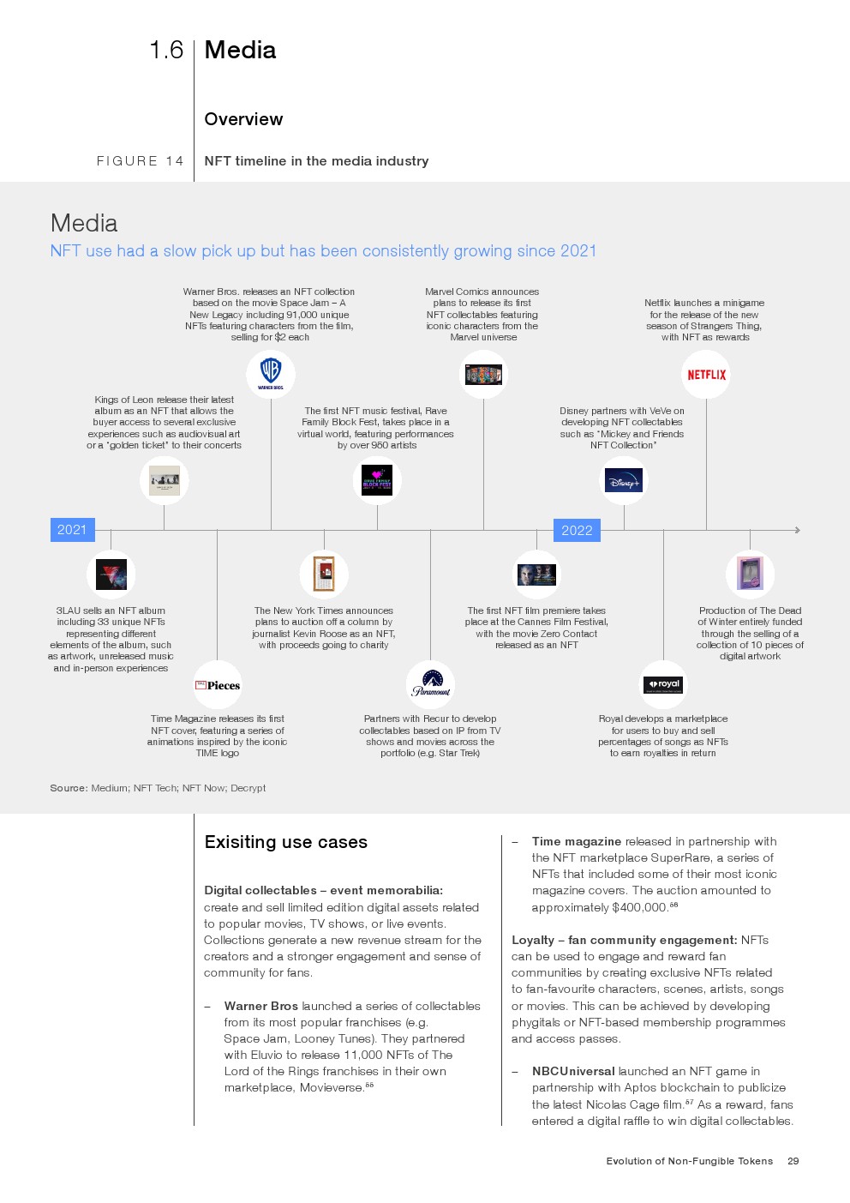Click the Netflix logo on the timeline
(x=706, y=375)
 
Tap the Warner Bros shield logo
(x=271, y=373)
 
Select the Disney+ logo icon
(x=623, y=480)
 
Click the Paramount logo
(x=430, y=683)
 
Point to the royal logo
(x=662, y=685)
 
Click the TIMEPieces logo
(x=218, y=685)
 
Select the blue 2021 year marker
(x=73, y=530)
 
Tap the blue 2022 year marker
(x=577, y=530)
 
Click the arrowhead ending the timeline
(x=798, y=530)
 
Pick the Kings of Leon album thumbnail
(x=165, y=480)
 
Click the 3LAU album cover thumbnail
(x=111, y=574)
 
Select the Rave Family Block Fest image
(x=377, y=480)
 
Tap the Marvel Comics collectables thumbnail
(x=483, y=375)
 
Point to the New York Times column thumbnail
(x=324, y=574)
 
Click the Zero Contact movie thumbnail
(x=536, y=574)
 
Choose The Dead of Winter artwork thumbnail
(x=750, y=574)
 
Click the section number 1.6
(x=166, y=50)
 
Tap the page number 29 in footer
(x=793, y=1161)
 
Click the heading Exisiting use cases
(x=285, y=841)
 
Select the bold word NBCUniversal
(x=573, y=1071)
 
